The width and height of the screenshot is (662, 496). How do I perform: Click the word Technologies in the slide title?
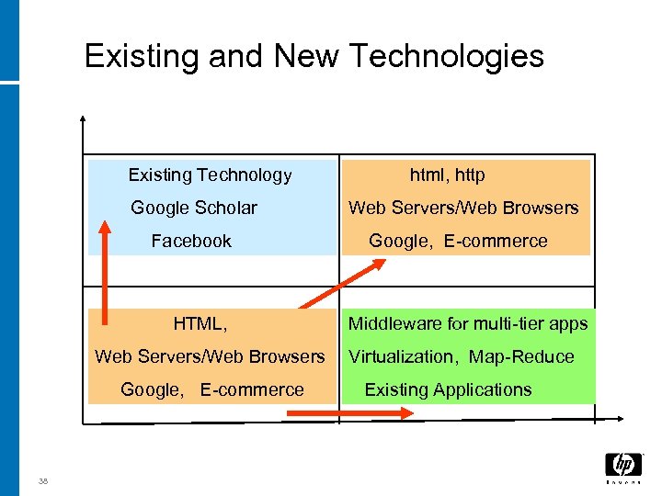coord(447,57)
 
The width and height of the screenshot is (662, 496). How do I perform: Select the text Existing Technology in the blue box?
coord(210,175)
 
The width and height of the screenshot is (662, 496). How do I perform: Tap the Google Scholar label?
coord(194,208)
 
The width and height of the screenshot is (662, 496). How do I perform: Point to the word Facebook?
coord(191,241)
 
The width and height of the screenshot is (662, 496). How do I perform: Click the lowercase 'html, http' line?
coord(447,175)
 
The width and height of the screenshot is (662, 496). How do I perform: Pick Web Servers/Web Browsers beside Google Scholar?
coord(463,208)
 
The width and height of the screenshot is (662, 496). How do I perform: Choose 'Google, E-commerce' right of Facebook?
coord(458,241)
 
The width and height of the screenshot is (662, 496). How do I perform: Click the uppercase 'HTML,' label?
coord(200,323)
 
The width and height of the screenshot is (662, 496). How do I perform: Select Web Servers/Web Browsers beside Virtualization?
coord(210,356)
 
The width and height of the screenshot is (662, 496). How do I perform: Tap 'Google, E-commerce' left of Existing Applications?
coord(211,389)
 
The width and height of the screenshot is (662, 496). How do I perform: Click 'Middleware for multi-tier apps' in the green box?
coord(468,323)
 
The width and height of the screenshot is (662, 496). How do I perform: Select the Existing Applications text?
coord(448,389)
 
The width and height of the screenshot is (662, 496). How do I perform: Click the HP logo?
coord(622,465)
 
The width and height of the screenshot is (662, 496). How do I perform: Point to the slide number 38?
coord(43,480)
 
